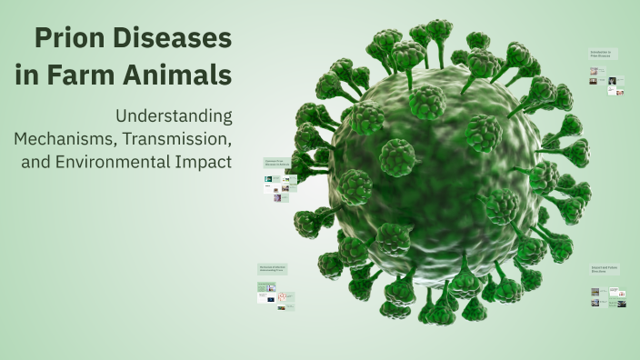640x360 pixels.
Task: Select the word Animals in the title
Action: tap(187, 75)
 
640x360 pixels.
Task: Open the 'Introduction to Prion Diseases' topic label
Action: tap(603, 55)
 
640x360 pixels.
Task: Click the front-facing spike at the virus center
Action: tap(397, 156)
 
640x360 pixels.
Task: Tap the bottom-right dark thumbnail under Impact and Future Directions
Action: tap(622, 303)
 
